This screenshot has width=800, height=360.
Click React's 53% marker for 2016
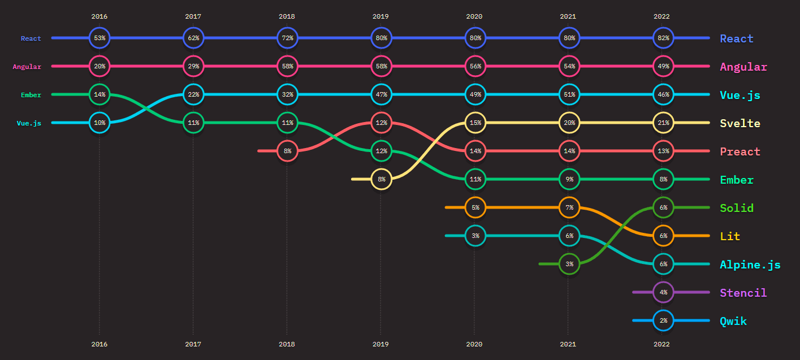[x=99, y=38]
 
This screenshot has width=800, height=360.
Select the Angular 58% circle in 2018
[x=287, y=66]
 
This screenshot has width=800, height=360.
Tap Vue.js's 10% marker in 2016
[x=99, y=123]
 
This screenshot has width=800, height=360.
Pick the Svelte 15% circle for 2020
[x=474, y=123]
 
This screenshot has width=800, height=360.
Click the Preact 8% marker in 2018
[x=287, y=151]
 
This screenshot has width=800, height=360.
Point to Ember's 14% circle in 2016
[x=99, y=94]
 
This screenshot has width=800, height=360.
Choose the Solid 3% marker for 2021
[x=569, y=264]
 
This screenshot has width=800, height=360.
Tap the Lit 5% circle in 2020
[x=474, y=207]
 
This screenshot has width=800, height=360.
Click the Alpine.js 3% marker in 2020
[x=474, y=236]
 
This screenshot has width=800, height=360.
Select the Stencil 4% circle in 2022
[x=663, y=292]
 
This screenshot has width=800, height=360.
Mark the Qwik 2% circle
[x=663, y=320]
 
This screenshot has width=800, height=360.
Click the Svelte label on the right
[x=740, y=123]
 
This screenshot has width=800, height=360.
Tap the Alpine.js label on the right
[x=750, y=264]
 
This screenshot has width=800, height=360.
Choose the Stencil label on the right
[x=743, y=293]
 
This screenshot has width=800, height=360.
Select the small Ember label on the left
[x=31, y=95]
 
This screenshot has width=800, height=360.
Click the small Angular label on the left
[x=27, y=67]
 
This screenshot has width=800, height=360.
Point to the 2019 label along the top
[x=380, y=16]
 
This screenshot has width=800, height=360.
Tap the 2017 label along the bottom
[x=193, y=344]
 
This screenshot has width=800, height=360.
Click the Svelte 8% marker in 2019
[x=380, y=179]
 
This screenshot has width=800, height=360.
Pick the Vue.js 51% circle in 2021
[x=569, y=94]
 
